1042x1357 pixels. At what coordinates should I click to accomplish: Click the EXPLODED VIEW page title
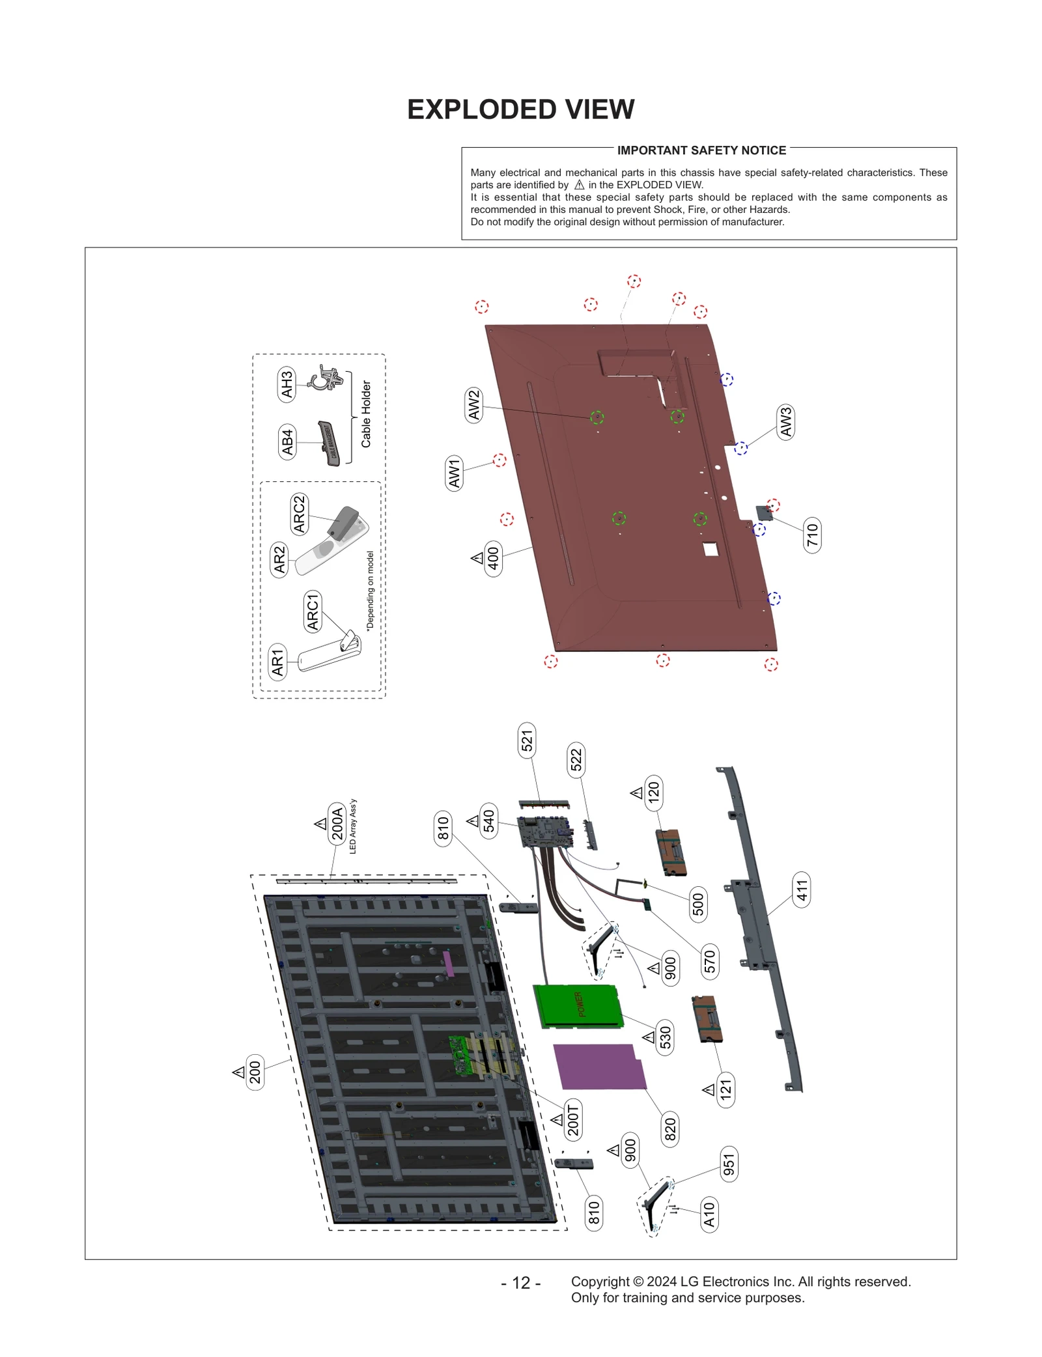coord(520,109)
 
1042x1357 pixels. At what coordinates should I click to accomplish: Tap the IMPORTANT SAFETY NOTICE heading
coord(701,150)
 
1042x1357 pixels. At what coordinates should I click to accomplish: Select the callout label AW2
coord(474,405)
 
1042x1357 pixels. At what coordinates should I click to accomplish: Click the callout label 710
coord(812,535)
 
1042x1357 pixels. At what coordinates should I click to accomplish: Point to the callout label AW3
coord(786,421)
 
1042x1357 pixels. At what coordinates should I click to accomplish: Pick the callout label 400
coord(494,558)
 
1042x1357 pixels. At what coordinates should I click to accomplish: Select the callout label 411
coord(802,890)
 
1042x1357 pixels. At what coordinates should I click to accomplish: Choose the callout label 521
coord(527,740)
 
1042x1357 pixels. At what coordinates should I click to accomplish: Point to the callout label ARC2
coord(300,514)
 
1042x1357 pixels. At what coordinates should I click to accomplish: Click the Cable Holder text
coord(366,414)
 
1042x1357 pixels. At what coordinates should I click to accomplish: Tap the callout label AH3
coord(287,384)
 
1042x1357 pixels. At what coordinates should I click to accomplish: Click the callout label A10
coord(709,1214)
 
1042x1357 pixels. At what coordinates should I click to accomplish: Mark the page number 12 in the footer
coord(521,1283)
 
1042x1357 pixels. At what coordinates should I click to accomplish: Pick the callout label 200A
coord(337,824)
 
